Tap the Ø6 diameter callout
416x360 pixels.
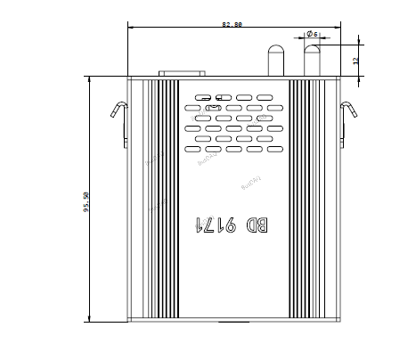click(x=312, y=34)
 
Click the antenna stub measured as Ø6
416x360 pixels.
click(x=311, y=61)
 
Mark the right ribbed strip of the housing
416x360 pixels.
click(x=298, y=200)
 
